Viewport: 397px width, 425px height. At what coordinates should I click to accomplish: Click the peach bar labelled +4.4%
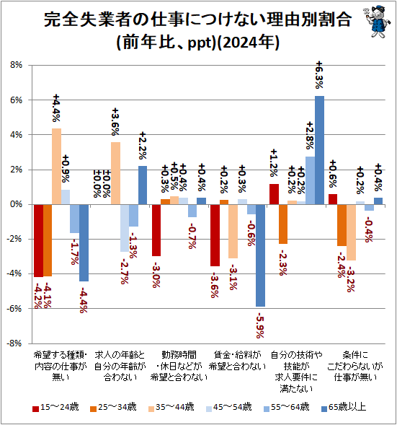click(56, 166)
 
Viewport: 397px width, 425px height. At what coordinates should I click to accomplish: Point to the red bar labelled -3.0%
click(156, 230)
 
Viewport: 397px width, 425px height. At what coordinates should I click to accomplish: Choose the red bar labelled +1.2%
click(274, 194)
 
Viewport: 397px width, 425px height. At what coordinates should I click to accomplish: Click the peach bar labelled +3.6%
click(115, 173)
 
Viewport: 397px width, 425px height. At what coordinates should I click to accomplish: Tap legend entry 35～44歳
click(169, 407)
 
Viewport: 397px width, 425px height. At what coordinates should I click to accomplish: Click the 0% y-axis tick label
click(17, 204)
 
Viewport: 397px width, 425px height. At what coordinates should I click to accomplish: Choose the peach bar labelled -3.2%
click(351, 232)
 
